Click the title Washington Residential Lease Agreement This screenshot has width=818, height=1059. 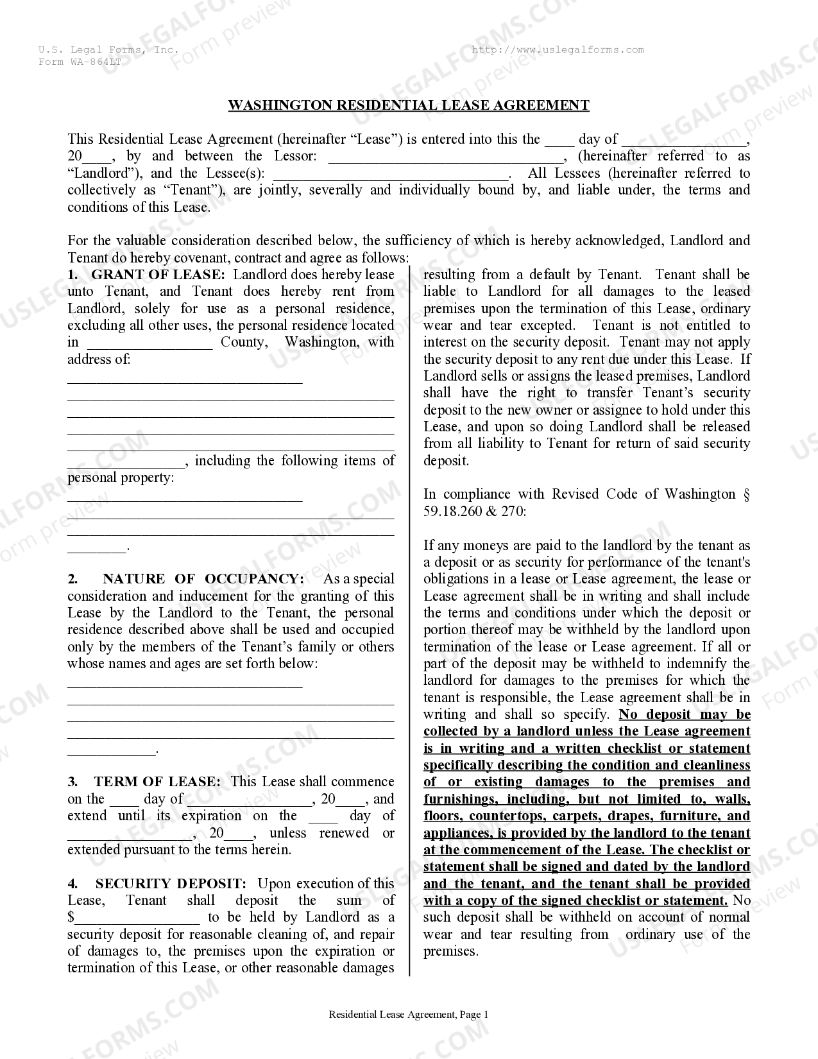point(409,105)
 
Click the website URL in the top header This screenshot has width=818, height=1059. point(558,50)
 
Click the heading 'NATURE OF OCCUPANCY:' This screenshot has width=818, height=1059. point(203,579)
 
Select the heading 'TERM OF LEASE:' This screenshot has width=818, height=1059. point(157,782)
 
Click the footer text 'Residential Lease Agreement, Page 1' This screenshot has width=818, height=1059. point(409,1015)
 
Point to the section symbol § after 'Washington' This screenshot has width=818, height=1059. point(746,494)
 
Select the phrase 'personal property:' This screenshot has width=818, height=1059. point(121,478)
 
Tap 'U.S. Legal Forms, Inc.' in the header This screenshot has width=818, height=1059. point(108,50)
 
